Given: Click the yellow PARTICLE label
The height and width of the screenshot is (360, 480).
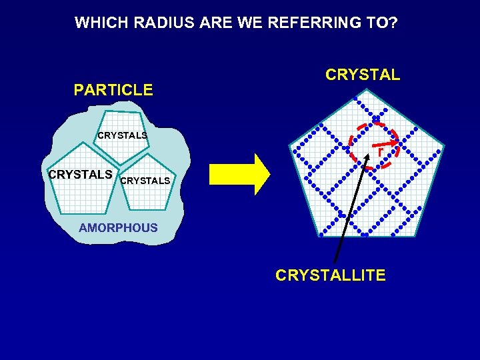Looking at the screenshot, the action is pyautogui.click(x=113, y=90).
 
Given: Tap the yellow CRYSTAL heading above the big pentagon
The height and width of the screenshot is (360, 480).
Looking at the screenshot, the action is pyautogui.click(x=363, y=75).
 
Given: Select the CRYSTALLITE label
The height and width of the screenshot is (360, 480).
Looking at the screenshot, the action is pyautogui.click(x=330, y=275).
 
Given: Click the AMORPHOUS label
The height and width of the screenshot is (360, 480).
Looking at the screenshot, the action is pyautogui.click(x=118, y=228).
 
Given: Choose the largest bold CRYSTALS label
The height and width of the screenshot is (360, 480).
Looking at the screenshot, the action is pyautogui.click(x=80, y=175).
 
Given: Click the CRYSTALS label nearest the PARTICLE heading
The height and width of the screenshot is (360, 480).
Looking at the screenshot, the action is pyautogui.click(x=122, y=135).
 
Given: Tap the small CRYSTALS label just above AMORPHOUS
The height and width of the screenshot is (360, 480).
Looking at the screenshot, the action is pyautogui.click(x=145, y=181).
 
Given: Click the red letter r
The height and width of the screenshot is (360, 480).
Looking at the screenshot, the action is pyautogui.click(x=380, y=152).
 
